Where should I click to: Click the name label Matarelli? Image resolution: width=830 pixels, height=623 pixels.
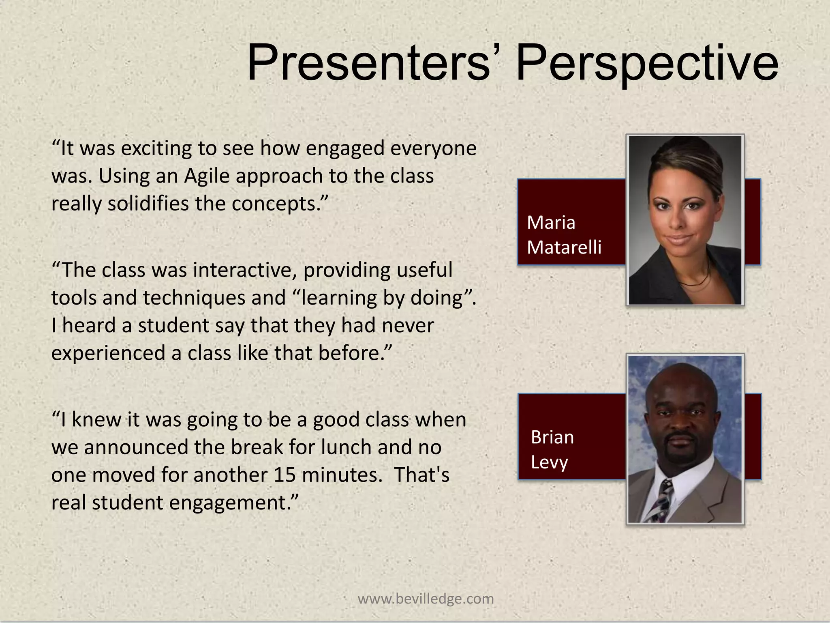564,247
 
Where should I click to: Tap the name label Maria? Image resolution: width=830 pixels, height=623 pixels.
551,223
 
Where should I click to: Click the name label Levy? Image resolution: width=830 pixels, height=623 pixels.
549,462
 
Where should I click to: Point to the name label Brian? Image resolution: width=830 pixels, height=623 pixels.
552,438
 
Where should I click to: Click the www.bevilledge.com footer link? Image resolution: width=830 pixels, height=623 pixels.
426,599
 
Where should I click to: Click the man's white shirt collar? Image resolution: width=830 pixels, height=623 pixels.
685,487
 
